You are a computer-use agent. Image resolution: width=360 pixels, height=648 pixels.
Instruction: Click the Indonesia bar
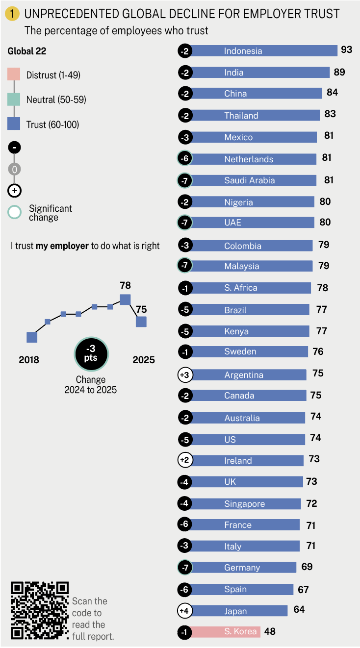[x=264, y=51]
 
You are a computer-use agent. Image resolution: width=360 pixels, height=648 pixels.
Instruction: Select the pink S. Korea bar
[x=225, y=632]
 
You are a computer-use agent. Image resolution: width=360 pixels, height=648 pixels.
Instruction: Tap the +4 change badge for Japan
[x=185, y=611]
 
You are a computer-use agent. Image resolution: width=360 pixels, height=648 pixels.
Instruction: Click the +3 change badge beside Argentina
[x=185, y=375]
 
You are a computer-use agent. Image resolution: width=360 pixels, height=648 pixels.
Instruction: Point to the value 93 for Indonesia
[x=347, y=50]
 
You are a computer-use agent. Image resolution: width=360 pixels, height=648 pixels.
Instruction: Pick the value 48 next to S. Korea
[x=270, y=631]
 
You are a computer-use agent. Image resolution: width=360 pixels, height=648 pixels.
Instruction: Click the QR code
[x=40, y=610]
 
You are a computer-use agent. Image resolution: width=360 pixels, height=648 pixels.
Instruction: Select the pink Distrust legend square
[x=14, y=75]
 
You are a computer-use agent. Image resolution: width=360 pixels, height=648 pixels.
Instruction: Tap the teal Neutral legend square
[x=14, y=100]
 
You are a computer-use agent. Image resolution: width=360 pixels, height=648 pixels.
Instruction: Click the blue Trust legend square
[x=14, y=125]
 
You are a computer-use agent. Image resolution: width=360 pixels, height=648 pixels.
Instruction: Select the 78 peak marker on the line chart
[x=125, y=299]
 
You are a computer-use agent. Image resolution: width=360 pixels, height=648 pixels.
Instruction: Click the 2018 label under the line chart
[x=29, y=360]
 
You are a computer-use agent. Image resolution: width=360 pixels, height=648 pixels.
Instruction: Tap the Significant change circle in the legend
[x=15, y=213]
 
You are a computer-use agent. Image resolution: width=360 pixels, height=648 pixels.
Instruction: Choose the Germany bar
[x=243, y=568]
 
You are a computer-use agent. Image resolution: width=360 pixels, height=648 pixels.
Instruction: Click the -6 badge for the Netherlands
[x=185, y=159]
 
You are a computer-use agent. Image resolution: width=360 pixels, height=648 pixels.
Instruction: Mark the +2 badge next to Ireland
[x=185, y=460]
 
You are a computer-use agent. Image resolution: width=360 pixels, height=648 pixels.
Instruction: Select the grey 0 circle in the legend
[x=14, y=169]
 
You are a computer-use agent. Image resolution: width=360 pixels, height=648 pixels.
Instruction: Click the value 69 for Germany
[x=307, y=567]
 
